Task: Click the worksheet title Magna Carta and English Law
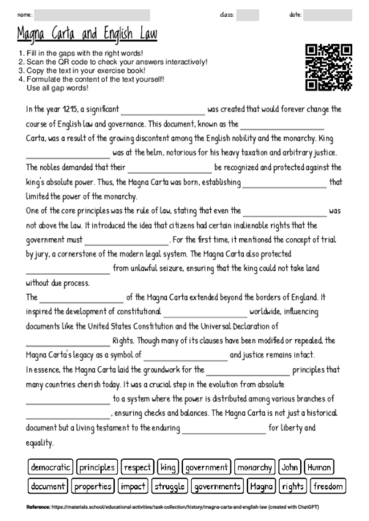87,36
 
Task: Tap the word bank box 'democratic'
51,467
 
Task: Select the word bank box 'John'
290,467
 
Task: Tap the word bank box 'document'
47,486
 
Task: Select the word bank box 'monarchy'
255,467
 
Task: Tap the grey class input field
248,14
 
